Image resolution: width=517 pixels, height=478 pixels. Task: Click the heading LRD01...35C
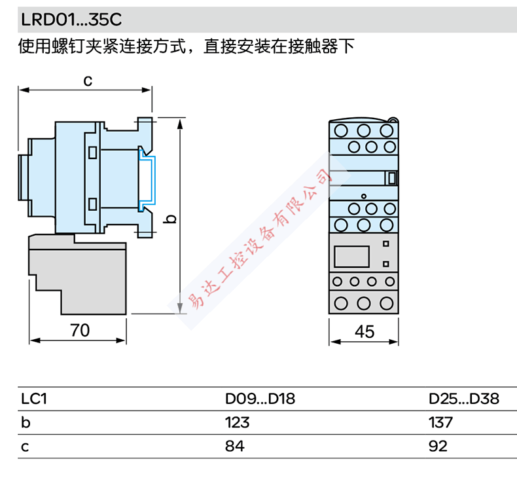pyautogui.click(x=71, y=18)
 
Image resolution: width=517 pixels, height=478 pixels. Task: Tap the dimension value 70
pyautogui.click(x=79, y=331)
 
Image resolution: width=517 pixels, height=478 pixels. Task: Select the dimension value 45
pyautogui.click(x=364, y=331)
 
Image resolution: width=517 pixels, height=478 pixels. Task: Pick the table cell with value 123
pyautogui.click(x=237, y=423)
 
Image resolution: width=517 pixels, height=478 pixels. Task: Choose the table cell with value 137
pyautogui.click(x=440, y=423)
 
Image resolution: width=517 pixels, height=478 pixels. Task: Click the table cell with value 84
pyautogui.click(x=234, y=447)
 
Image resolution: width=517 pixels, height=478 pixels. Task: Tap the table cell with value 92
pyautogui.click(x=438, y=447)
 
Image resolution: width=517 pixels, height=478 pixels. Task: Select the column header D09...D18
pyautogui.click(x=260, y=399)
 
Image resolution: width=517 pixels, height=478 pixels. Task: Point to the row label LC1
pyautogui.click(x=35, y=399)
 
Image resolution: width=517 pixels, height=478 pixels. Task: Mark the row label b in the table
pyautogui.click(x=26, y=423)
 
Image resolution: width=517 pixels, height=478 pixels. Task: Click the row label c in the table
pyautogui.click(x=26, y=447)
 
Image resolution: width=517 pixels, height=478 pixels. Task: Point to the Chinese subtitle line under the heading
pyautogui.click(x=187, y=47)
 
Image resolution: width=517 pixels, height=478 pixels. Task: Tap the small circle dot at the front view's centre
pyautogui.click(x=364, y=196)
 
